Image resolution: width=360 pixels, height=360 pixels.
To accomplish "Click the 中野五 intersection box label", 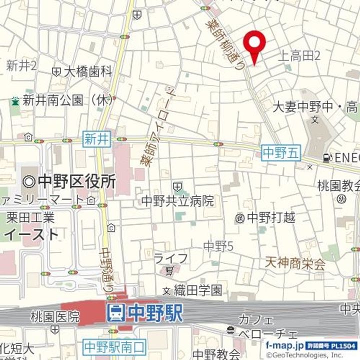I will tap(281, 153).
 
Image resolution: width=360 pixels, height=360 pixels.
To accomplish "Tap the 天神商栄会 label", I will tap(295, 261).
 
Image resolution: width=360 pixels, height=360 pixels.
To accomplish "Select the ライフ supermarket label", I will tap(170, 258).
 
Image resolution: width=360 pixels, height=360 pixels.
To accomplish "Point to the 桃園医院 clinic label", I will tap(54, 316).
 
